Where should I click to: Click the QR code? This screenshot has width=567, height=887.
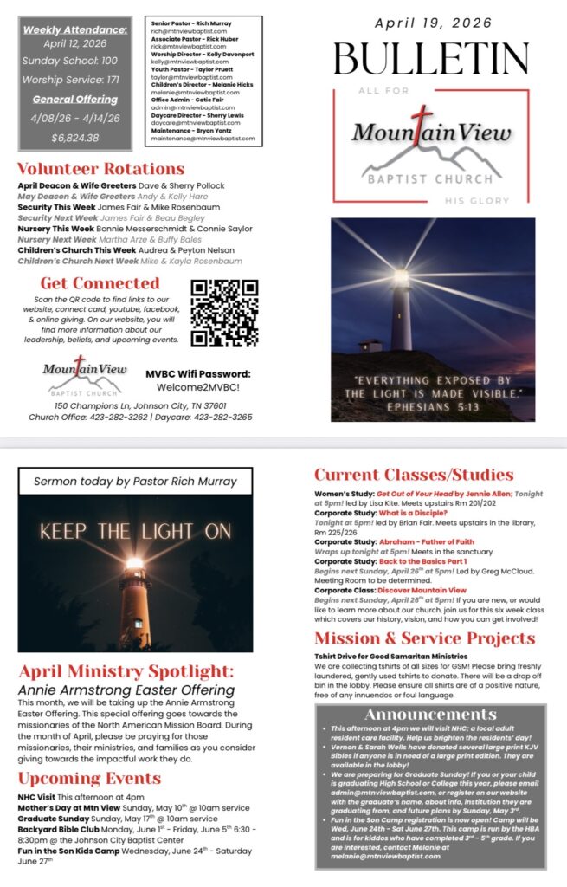tap(224, 312)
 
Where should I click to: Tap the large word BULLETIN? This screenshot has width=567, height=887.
tap(430, 59)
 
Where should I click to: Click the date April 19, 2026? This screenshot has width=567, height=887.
tap(430, 23)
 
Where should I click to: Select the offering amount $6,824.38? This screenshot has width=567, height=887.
tap(75, 138)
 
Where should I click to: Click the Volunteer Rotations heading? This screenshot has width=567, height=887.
tap(101, 169)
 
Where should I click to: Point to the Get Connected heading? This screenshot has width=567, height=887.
tap(100, 283)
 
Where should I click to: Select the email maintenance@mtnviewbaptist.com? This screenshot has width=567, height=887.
tap(203, 138)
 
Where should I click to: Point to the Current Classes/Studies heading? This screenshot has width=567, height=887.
tap(414, 475)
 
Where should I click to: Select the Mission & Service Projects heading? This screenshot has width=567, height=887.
tap(424, 639)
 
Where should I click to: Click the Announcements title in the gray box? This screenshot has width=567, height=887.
tap(429, 715)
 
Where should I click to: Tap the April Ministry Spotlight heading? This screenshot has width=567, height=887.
tap(126, 670)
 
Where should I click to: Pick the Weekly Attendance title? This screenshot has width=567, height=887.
tap(75, 29)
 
